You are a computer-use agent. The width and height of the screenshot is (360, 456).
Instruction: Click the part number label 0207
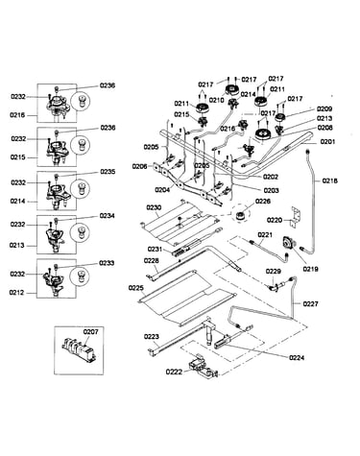(x=90, y=332)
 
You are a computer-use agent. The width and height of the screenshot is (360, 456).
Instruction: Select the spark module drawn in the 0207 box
(x=78, y=348)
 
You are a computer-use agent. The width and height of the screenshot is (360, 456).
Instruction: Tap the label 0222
(x=174, y=372)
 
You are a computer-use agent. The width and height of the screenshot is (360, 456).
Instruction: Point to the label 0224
(x=297, y=358)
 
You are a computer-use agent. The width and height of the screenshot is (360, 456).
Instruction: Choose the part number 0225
(x=136, y=288)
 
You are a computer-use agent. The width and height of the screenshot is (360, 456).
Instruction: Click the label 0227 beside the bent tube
(x=310, y=303)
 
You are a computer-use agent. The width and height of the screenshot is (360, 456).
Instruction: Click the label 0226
(x=263, y=202)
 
